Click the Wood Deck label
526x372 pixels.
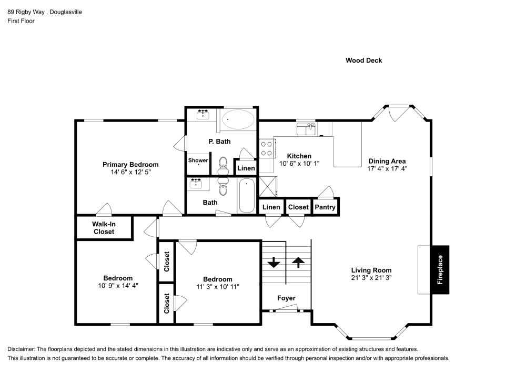[363, 61]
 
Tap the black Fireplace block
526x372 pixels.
[440, 269]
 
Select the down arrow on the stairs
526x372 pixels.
[274, 262]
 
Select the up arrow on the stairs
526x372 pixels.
[298, 262]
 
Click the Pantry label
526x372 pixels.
[325, 207]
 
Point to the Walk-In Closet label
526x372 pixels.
[104, 228]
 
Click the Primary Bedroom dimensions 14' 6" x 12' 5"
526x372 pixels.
[130, 172]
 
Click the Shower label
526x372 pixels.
[198, 160]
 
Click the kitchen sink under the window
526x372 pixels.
[306, 129]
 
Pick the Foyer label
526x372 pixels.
[286, 298]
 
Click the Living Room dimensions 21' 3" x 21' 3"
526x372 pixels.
[371, 277]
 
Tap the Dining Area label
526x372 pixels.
[387, 161]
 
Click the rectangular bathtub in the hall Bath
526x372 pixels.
[246, 196]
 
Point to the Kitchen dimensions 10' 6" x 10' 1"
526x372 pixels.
[299, 164]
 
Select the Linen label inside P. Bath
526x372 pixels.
[246, 168]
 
